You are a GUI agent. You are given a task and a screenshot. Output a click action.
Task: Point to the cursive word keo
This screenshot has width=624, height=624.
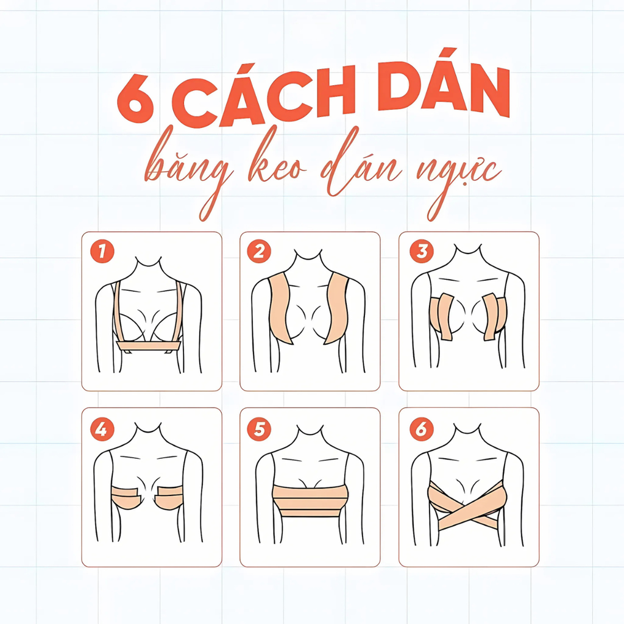pos(277,161)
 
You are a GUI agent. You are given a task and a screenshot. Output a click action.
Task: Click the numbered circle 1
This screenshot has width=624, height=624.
pos(102,251)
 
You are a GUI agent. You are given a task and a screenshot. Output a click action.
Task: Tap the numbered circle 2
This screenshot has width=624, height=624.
pos(259,251)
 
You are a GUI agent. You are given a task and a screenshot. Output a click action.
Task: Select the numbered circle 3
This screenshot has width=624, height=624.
pos(422,251)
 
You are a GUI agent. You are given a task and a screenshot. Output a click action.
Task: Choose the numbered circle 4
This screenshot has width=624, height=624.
pos(102,429)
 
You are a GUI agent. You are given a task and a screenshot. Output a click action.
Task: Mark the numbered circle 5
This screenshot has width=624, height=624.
pos(259,429)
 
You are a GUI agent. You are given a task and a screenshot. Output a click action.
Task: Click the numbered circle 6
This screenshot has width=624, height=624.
pos(422,429)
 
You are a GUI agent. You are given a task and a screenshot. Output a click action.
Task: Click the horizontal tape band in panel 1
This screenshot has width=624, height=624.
pos(149,346)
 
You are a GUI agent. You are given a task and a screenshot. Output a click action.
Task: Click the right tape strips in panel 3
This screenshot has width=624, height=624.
pos(494,317)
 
